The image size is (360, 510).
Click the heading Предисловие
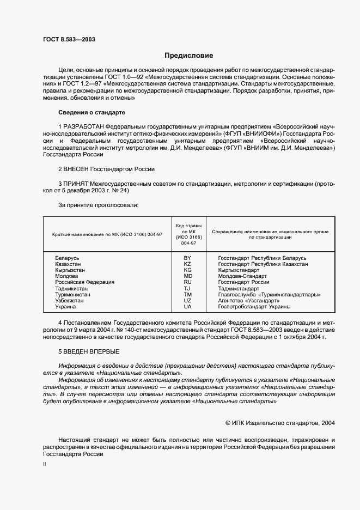(x=189, y=56)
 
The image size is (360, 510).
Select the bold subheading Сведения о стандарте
(x=91, y=112)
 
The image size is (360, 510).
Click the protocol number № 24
(x=121, y=191)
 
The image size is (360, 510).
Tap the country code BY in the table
(x=187, y=258)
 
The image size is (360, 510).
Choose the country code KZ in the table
(x=187, y=264)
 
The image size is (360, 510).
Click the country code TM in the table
(x=187, y=294)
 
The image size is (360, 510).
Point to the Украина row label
(x=65, y=307)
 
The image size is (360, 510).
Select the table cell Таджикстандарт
(x=239, y=288)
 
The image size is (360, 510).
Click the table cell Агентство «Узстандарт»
(x=248, y=301)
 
